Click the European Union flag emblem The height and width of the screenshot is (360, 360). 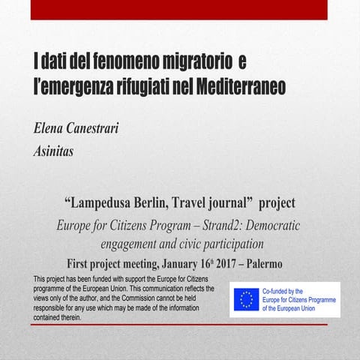click(245, 299)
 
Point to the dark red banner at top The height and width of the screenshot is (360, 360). click(180, 9)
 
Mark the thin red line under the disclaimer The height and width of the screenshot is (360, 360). click(180, 325)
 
